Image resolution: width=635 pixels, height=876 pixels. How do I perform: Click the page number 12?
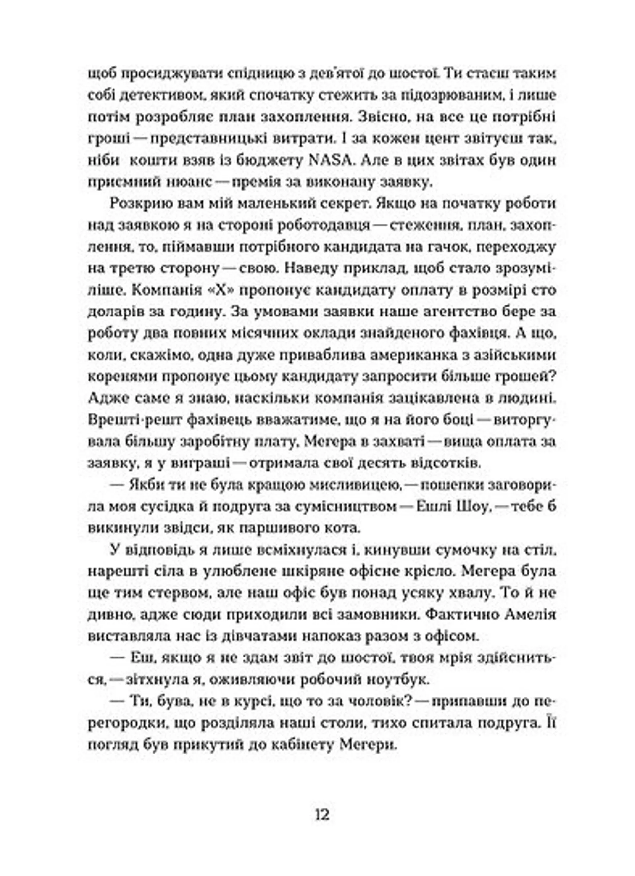pyautogui.click(x=322, y=815)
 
